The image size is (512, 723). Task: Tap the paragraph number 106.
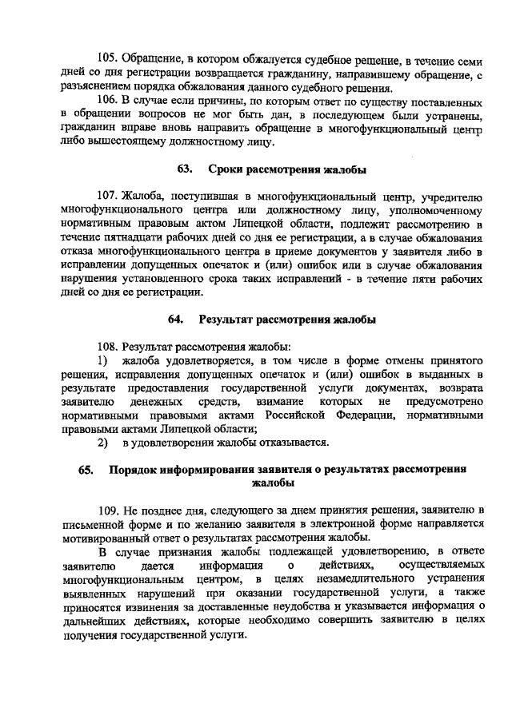(x=108, y=103)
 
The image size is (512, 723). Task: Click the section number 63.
(x=185, y=169)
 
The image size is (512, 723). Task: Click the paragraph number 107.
(x=108, y=197)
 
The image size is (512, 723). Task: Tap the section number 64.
(x=176, y=320)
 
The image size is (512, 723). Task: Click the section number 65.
(x=86, y=470)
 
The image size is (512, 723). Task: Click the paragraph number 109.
(x=108, y=510)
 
